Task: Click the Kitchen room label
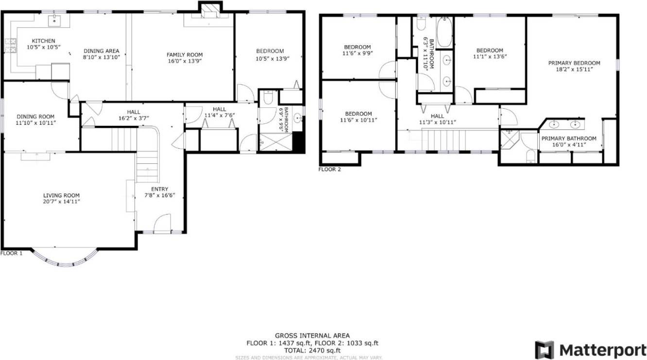43,41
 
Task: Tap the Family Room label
185,55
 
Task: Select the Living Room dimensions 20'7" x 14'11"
61,202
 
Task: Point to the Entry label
159,189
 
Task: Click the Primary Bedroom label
574,63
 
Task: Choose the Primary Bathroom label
568,138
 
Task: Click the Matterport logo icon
544,350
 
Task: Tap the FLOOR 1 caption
11,253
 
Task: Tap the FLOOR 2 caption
330,170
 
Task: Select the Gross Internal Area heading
312,336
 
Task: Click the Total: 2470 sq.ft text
312,350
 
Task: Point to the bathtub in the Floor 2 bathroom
444,33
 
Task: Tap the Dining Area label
102,51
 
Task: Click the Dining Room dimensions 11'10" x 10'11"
35,123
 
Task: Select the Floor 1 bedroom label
270,51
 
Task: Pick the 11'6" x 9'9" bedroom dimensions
358,53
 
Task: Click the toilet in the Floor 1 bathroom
267,99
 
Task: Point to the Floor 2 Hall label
437,116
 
